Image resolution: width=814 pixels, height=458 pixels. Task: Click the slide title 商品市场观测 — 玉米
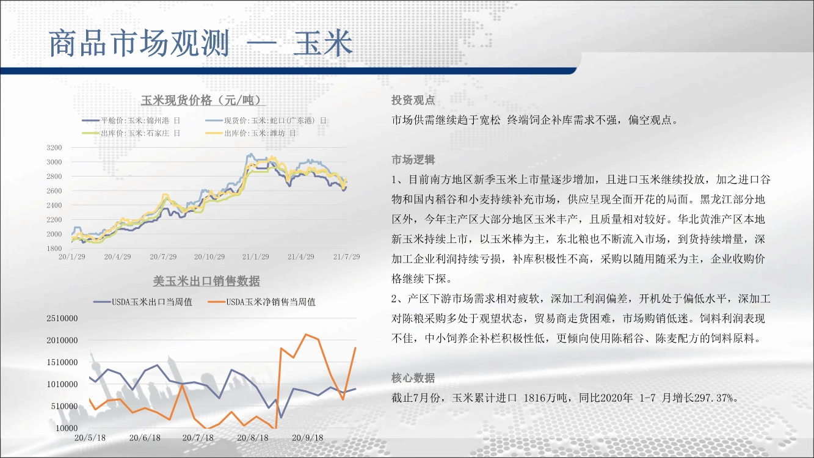[x=201, y=43]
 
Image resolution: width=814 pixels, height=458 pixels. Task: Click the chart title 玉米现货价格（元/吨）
[x=203, y=100]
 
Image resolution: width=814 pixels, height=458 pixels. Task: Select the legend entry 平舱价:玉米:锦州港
[x=131, y=120]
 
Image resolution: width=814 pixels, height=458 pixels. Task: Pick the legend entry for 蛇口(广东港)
[x=266, y=120]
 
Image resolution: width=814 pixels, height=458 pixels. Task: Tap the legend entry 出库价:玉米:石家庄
[x=131, y=133]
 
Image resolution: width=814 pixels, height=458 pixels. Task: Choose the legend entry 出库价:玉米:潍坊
[x=250, y=133]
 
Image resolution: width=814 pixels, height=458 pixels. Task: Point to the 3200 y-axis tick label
[x=54, y=148]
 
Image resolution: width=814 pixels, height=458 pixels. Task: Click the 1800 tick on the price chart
[x=54, y=249]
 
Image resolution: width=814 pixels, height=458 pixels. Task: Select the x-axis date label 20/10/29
[x=209, y=256]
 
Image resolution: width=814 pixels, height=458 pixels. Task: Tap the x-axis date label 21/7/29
[x=347, y=256]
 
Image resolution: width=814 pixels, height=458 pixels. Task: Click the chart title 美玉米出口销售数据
[x=206, y=281]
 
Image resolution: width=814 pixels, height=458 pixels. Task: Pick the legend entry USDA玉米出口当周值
[x=143, y=302]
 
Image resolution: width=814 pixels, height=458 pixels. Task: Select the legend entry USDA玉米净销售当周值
[x=261, y=302]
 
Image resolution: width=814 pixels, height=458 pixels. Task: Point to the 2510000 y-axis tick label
[x=62, y=318]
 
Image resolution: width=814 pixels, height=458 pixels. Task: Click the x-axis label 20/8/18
[x=253, y=438]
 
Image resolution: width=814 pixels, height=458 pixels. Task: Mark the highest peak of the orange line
[x=306, y=334]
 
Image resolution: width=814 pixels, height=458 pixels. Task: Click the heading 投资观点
[x=413, y=100]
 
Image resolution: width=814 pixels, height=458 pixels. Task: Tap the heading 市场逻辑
[x=413, y=159]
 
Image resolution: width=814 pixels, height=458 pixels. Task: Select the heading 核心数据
[x=413, y=378]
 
